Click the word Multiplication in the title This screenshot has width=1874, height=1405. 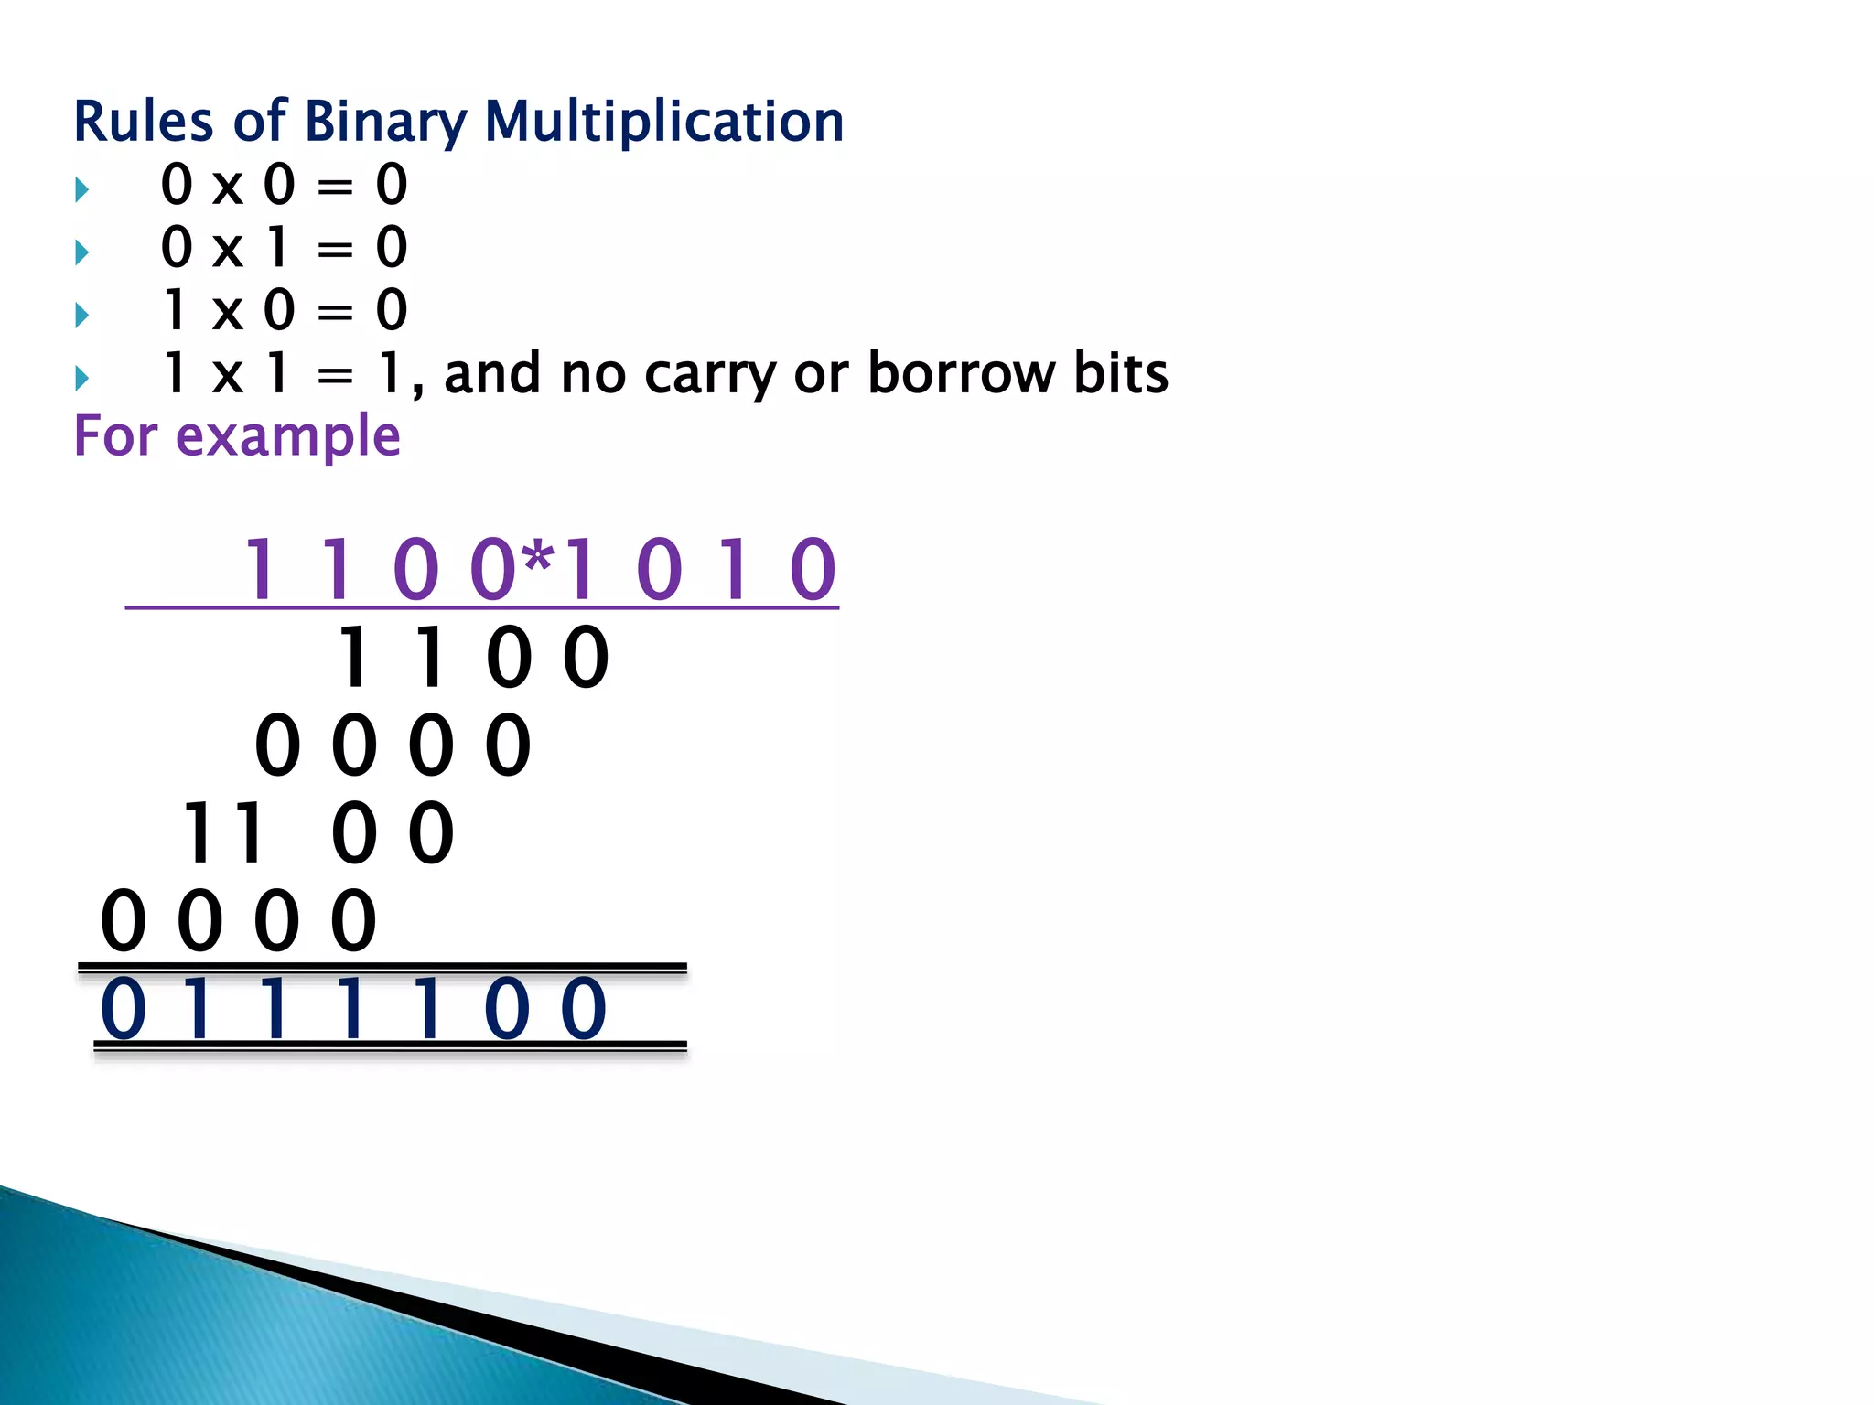pos(663,122)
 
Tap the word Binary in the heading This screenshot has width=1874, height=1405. pos(384,123)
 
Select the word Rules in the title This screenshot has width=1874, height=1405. pos(143,122)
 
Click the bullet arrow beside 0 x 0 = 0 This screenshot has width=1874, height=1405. pos(82,190)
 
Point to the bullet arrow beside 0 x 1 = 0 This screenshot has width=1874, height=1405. pos(82,252)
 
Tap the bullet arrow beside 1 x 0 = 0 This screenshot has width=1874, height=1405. pos(82,316)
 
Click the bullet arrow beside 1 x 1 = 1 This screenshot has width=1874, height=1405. pos(82,378)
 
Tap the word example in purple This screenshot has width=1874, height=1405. pos(287,437)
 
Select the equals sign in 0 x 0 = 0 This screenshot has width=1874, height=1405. pos(335,188)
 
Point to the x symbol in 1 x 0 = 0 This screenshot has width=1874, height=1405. pos(228,314)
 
